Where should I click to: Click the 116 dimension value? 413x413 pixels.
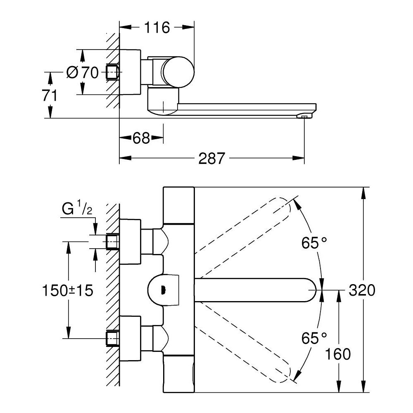(157, 28)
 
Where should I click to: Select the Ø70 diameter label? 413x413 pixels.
(83, 73)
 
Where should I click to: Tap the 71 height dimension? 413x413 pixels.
(50, 95)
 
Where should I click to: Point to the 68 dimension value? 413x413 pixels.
(141, 138)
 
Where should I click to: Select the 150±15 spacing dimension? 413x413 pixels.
(67, 290)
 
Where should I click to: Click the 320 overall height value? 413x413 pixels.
(362, 290)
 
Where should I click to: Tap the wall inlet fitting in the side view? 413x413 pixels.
(112, 72)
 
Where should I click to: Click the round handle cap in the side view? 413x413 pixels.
(177, 72)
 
